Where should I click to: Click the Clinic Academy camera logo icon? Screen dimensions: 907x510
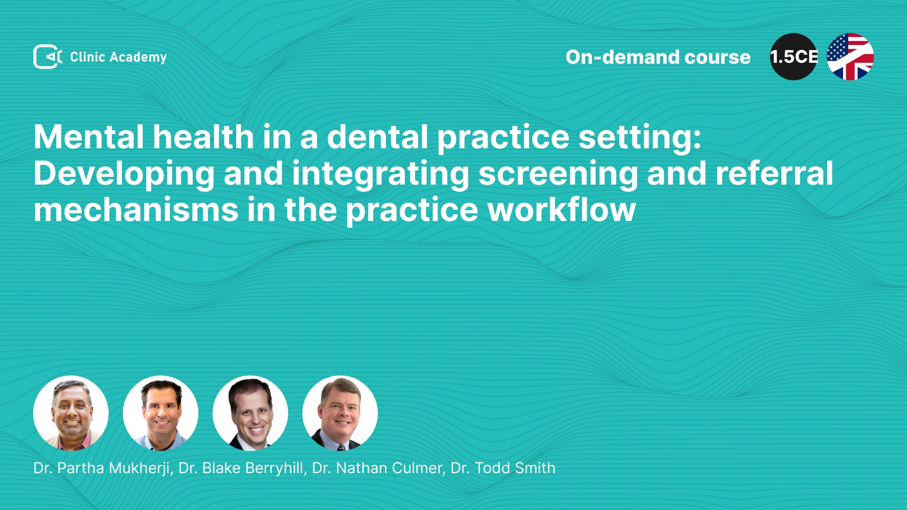(x=48, y=57)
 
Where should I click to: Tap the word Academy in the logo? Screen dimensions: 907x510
(x=138, y=58)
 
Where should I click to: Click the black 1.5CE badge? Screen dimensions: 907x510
(x=794, y=57)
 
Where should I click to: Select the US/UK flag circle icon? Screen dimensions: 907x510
(x=850, y=57)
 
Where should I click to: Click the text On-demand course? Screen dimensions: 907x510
(x=658, y=57)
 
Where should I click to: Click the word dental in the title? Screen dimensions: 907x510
(x=377, y=137)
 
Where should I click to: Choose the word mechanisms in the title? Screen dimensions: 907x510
(x=136, y=210)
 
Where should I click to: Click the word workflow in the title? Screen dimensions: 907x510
(x=562, y=210)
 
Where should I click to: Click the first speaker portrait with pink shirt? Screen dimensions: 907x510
(x=71, y=413)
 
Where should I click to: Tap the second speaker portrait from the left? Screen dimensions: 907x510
(x=161, y=413)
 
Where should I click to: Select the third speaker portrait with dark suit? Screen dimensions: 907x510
(x=250, y=413)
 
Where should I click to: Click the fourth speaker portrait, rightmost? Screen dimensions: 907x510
(x=340, y=413)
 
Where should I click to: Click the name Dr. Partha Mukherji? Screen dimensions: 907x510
(x=102, y=468)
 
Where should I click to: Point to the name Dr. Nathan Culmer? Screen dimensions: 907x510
(x=377, y=468)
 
